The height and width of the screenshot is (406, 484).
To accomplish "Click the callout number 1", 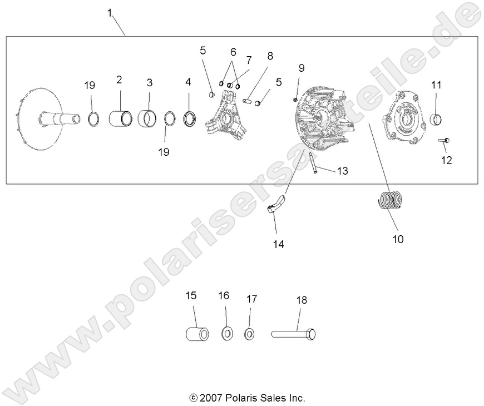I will [110, 12].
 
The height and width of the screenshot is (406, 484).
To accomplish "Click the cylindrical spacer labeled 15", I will [197, 334].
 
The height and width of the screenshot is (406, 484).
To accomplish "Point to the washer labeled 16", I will [227, 334].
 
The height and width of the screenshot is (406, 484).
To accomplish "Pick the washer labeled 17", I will [249, 334].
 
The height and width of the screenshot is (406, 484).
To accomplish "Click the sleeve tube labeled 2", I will [121, 118].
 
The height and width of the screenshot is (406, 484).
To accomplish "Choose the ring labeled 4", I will [189, 118].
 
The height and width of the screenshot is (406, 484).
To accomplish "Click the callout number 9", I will [302, 68].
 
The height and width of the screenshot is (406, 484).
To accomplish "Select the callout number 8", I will [270, 56].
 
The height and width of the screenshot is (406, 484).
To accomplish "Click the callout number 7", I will [249, 60].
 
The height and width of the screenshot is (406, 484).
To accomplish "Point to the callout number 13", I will [342, 171].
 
